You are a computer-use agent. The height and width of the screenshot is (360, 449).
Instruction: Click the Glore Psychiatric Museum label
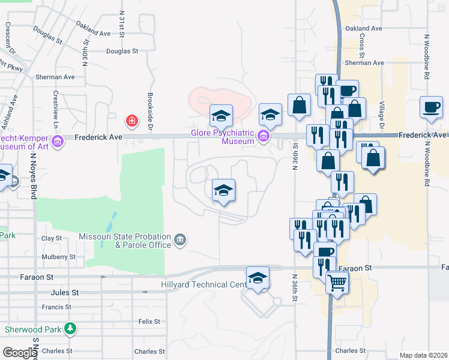pyautogui.click(x=221, y=137)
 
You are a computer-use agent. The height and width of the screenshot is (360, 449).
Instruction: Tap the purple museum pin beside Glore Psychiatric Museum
pyautogui.click(x=263, y=137)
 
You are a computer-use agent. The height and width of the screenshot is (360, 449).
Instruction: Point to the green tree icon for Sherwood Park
pyautogui.click(x=71, y=329)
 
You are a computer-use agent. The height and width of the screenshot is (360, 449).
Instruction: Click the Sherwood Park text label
pyautogui.click(x=33, y=329)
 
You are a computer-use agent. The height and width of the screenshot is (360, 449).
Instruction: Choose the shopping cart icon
pyautogui.click(x=337, y=281)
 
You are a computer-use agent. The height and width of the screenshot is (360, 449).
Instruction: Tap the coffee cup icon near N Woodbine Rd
pyautogui.click(x=431, y=107)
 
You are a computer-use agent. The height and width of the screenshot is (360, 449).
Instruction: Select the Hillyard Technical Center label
pyautogui.click(x=203, y=284)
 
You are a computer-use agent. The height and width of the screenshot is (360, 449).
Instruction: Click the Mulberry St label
pyautogui.click(x=59, y=257)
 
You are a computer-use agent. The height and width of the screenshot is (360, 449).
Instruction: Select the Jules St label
pyautogui.click(x=65, y=293)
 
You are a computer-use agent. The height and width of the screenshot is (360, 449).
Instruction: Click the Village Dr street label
pyautogui.click(x=382, y=115)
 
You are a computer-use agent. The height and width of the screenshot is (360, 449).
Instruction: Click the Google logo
pyautogui.click(x=19, y=353)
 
